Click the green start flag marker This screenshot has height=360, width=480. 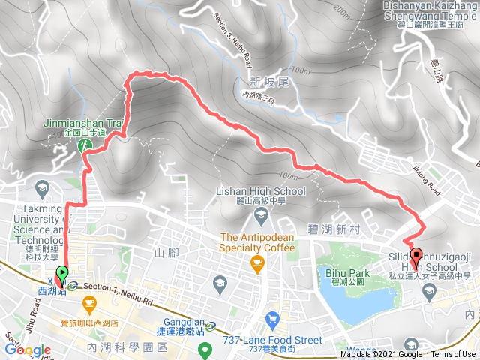pyautogui.click(x=61, y=274)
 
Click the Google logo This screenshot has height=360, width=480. pyautogui.click(x=27, y=349)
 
